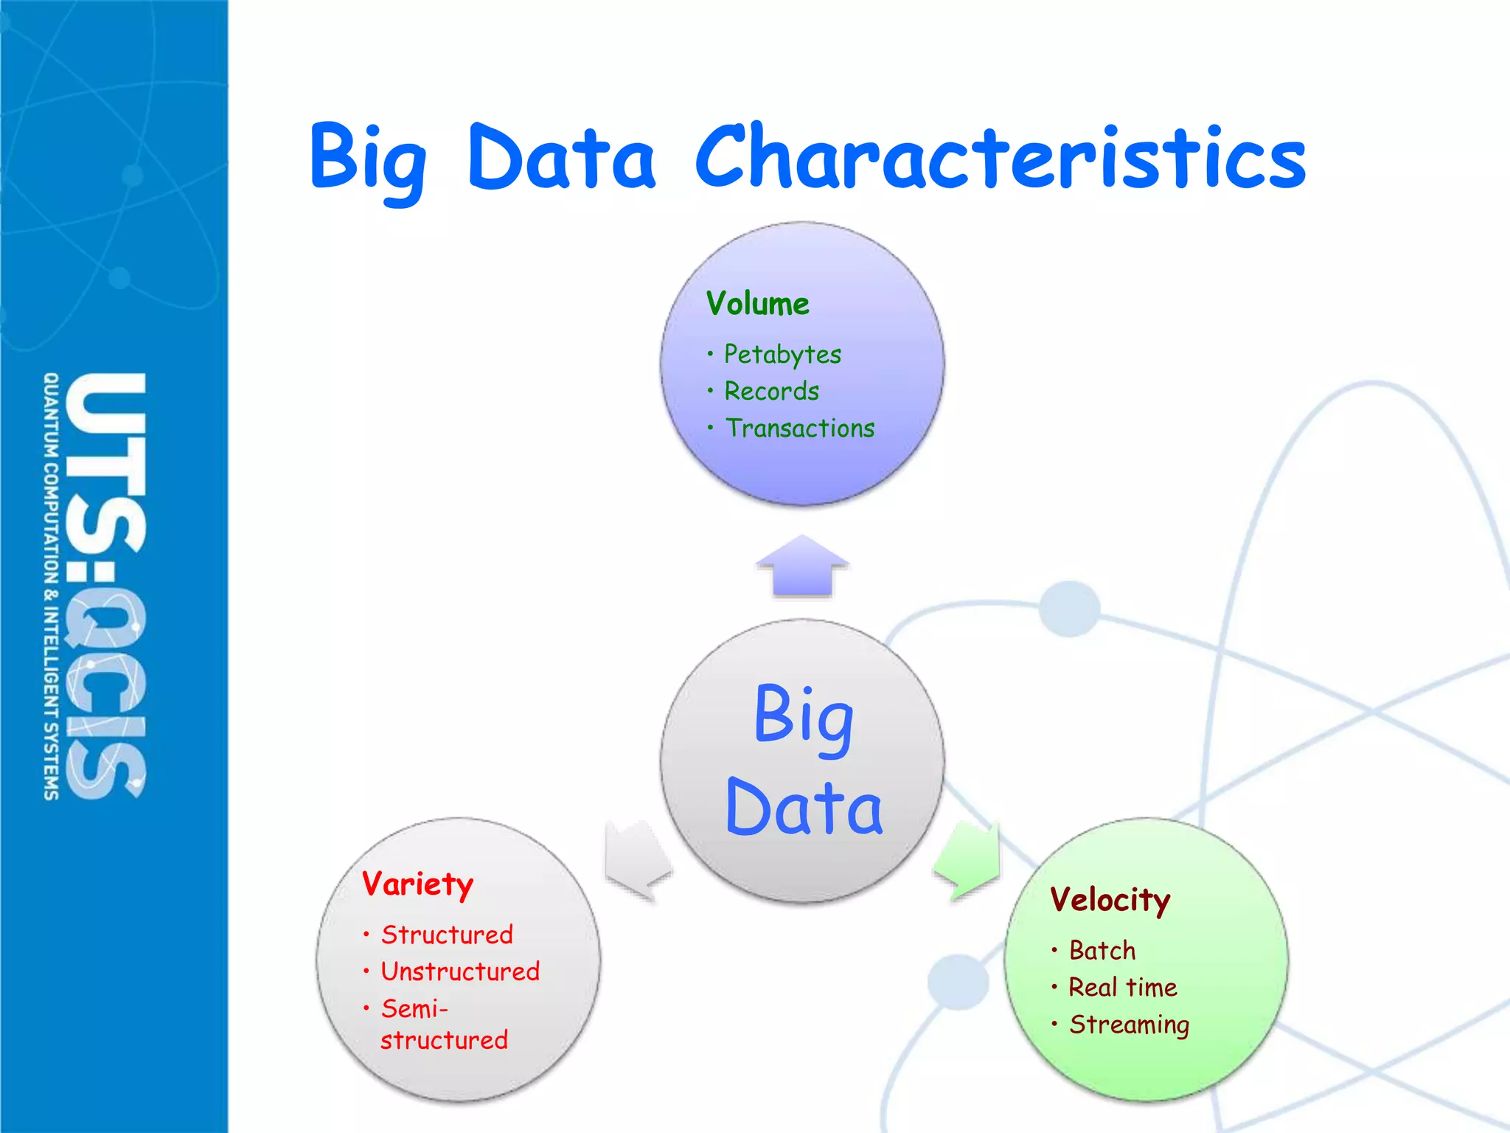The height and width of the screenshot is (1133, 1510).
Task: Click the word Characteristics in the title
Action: point(1001,156)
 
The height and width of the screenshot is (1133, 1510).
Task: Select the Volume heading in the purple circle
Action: point(757,304)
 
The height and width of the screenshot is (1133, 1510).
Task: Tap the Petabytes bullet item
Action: point(782,355)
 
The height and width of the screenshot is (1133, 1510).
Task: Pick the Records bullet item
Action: point(771,391)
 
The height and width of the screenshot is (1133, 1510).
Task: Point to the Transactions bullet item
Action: point(800,428)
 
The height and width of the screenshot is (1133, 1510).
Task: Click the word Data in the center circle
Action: point(804,808)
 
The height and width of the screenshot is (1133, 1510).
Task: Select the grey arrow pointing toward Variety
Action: point(636,860)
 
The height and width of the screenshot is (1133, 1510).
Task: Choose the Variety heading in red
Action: point(417,884)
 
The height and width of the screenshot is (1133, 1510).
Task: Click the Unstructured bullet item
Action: point(460,971)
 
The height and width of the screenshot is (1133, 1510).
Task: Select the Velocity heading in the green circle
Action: point(1110,900)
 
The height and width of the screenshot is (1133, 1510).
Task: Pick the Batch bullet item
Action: point(1102,950)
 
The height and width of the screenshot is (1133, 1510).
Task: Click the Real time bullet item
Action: point(1122,987)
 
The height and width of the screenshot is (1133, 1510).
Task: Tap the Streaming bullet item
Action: point(1129,1025)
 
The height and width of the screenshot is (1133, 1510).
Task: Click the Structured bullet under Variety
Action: point(447,935)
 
